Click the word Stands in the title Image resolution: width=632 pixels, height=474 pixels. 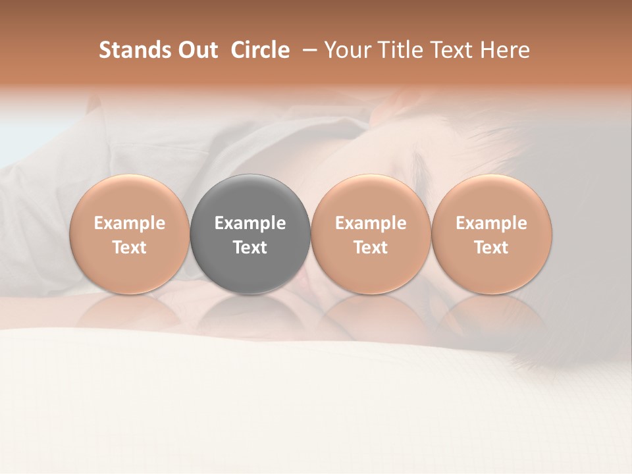tap(132, 50)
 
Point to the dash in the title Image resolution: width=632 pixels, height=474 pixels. tap(306, 50)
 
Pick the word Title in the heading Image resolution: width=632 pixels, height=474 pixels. tap(397, 50)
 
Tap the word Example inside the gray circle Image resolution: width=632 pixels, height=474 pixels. tap(250, 223)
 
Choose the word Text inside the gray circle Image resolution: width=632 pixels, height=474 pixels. tap(250, 248)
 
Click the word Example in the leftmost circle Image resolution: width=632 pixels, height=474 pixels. tap(130, 223)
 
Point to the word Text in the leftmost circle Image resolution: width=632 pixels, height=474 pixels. tap(130, 248)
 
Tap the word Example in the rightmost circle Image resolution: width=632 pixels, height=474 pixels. tap(492, 223)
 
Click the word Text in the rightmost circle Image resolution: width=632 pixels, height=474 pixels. tap(492, 248)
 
